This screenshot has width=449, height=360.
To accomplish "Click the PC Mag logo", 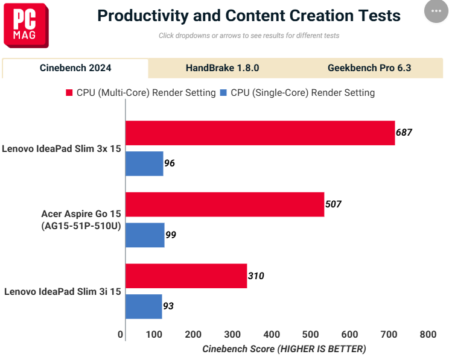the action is tap(26, 25).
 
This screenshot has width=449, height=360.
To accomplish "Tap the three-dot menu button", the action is tap(436, 11).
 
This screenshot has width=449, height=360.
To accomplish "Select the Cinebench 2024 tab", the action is tap(75, 68).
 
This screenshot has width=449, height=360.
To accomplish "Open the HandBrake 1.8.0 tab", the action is tap(222, 68).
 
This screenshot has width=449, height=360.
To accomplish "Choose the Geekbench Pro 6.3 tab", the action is tap(369, 68).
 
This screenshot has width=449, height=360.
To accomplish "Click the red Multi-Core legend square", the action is tap(69, 93).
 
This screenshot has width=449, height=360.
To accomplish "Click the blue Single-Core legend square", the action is tap(223, 93).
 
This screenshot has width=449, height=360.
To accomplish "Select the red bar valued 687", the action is tap(260, 133).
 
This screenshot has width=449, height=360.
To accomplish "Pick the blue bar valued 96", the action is tap(144, 163).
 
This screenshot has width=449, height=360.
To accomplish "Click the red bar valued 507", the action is tap(224, 204).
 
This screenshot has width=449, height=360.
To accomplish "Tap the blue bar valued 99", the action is tap(145, 235).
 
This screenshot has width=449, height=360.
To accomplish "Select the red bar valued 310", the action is tap(186, 276).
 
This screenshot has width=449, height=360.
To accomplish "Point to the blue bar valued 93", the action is tap(144, 306).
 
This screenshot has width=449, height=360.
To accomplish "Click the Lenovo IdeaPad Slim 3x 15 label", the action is tap(62, 149).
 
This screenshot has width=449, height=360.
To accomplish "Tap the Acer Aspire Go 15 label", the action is tap(81, 219).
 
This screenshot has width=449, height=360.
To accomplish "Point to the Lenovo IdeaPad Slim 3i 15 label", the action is tap(62, 292).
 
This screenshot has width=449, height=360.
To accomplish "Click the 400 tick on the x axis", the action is tap(272, 334).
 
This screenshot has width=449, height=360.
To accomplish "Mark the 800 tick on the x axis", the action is tap(428, 334).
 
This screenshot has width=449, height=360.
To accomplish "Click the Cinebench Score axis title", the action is tap(284, 349).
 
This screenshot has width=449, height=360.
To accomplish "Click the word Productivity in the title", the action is tap(143, 16).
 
